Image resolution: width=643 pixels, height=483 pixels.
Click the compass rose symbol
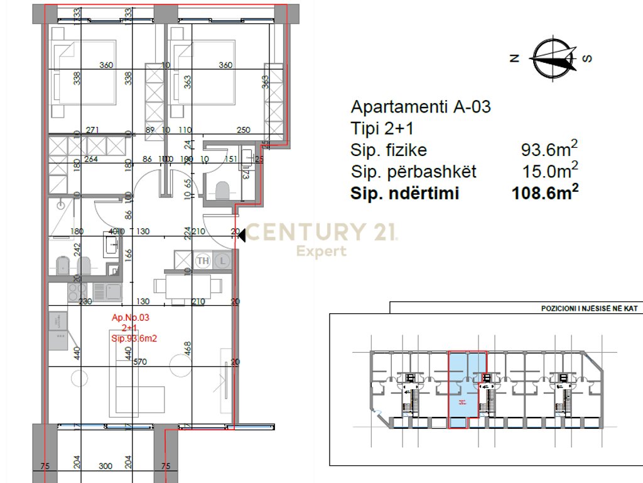553,58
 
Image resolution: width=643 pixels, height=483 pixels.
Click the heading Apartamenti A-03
421,106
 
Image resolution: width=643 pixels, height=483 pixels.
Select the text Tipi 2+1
382,128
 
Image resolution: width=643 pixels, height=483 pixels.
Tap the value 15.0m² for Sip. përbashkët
549,171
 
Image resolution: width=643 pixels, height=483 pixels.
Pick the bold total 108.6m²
544,193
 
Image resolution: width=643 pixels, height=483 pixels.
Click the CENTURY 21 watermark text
320,232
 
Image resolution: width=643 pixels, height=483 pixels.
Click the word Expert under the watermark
321,252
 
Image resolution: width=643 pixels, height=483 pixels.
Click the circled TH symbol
203,260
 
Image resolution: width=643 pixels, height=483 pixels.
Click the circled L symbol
222,260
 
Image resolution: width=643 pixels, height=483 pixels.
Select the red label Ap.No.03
131,318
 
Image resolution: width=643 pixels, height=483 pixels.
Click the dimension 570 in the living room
140,362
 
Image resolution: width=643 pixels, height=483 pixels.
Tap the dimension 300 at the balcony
105,467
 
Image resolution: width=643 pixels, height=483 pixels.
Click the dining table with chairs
188,287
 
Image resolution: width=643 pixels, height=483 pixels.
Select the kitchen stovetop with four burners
77,291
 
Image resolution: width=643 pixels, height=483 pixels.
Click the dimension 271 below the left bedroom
93,130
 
